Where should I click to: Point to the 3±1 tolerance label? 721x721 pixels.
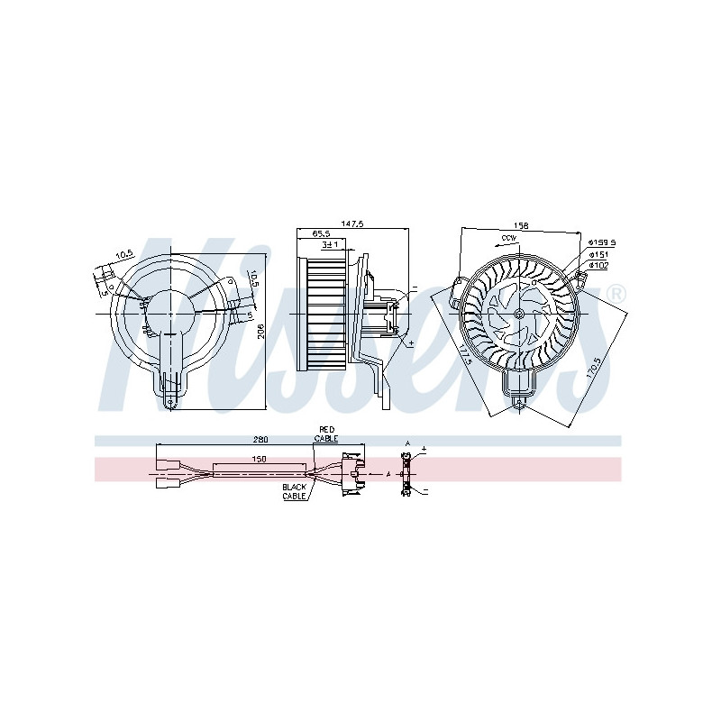point(330,244)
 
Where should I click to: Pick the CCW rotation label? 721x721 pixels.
point(508,239)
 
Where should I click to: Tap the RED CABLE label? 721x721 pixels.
point(325,434)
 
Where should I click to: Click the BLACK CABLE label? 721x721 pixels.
point(295,492)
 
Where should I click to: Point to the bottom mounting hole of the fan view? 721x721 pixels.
point(519,404)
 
